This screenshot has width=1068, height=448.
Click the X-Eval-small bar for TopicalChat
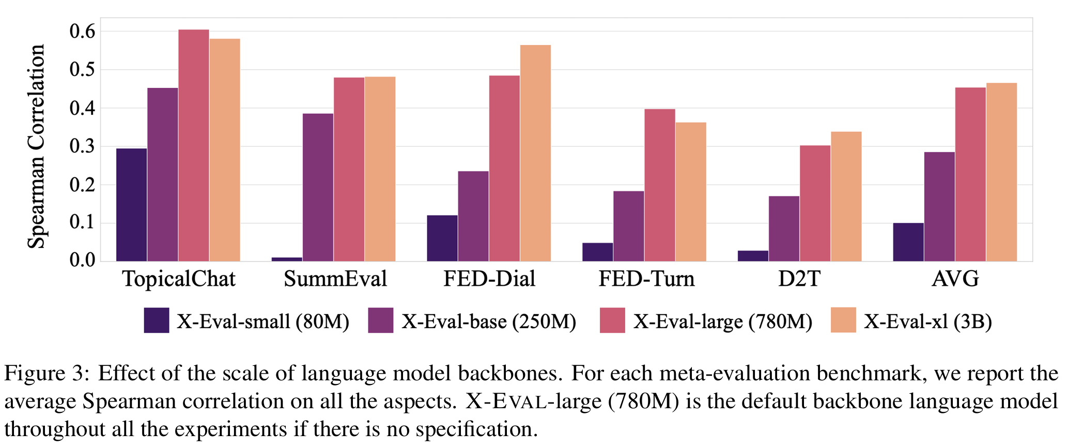(x=131, y=205)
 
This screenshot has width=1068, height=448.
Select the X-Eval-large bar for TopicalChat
(x=194, y=145)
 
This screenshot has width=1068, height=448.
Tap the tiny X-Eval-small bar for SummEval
(x=287, y=259)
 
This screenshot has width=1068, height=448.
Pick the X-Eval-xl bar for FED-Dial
(x=535, y=153)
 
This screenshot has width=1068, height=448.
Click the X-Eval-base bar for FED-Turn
(x=628, y=226)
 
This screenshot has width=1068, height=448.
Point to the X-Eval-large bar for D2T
(x=815, y=203)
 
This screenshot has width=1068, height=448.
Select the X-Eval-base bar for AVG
(x=939, y=206)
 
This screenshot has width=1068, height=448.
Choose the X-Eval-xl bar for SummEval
(x=380, y=169)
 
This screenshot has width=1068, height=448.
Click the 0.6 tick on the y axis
(x=83, y=32)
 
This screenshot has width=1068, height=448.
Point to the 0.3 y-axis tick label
(x=83, y=147)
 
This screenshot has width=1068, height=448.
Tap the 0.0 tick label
(x=83, y=260)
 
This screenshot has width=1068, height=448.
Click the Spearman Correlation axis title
(x=36, y=146)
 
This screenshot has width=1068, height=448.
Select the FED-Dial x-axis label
(x=489, y=280)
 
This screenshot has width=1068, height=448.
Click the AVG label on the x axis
(x=955, y=280)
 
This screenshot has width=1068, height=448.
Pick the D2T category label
(x=799, y=280)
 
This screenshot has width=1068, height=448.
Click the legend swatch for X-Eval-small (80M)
(x=157, y=320)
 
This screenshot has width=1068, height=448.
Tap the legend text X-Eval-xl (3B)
(x=928, y=322)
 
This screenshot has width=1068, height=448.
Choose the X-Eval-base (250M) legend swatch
(x=381, y=320)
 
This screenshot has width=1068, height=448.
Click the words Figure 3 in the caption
(x=47, y=373)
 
